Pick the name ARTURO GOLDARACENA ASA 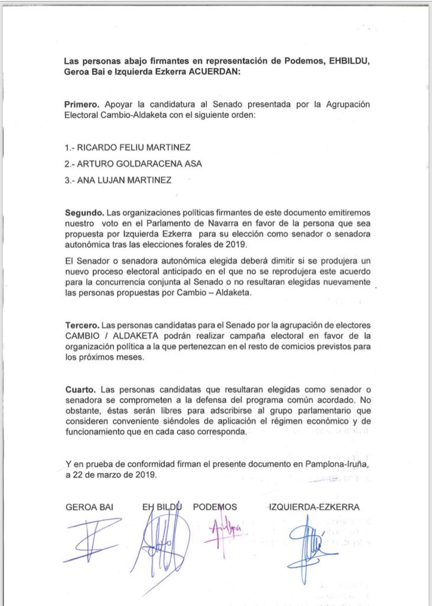click(134, 164)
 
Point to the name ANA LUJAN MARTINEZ click(118, 180)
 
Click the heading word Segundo click(85, 212)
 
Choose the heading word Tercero click(82, 325)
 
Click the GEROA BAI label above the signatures click(89, 507)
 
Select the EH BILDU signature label click(161, 507)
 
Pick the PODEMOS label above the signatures click(215, 507)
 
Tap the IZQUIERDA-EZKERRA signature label click(314, 507)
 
